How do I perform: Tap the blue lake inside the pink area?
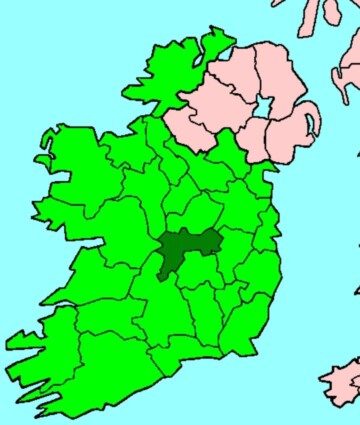coord(263,107)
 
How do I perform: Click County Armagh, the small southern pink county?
coord(254,140)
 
